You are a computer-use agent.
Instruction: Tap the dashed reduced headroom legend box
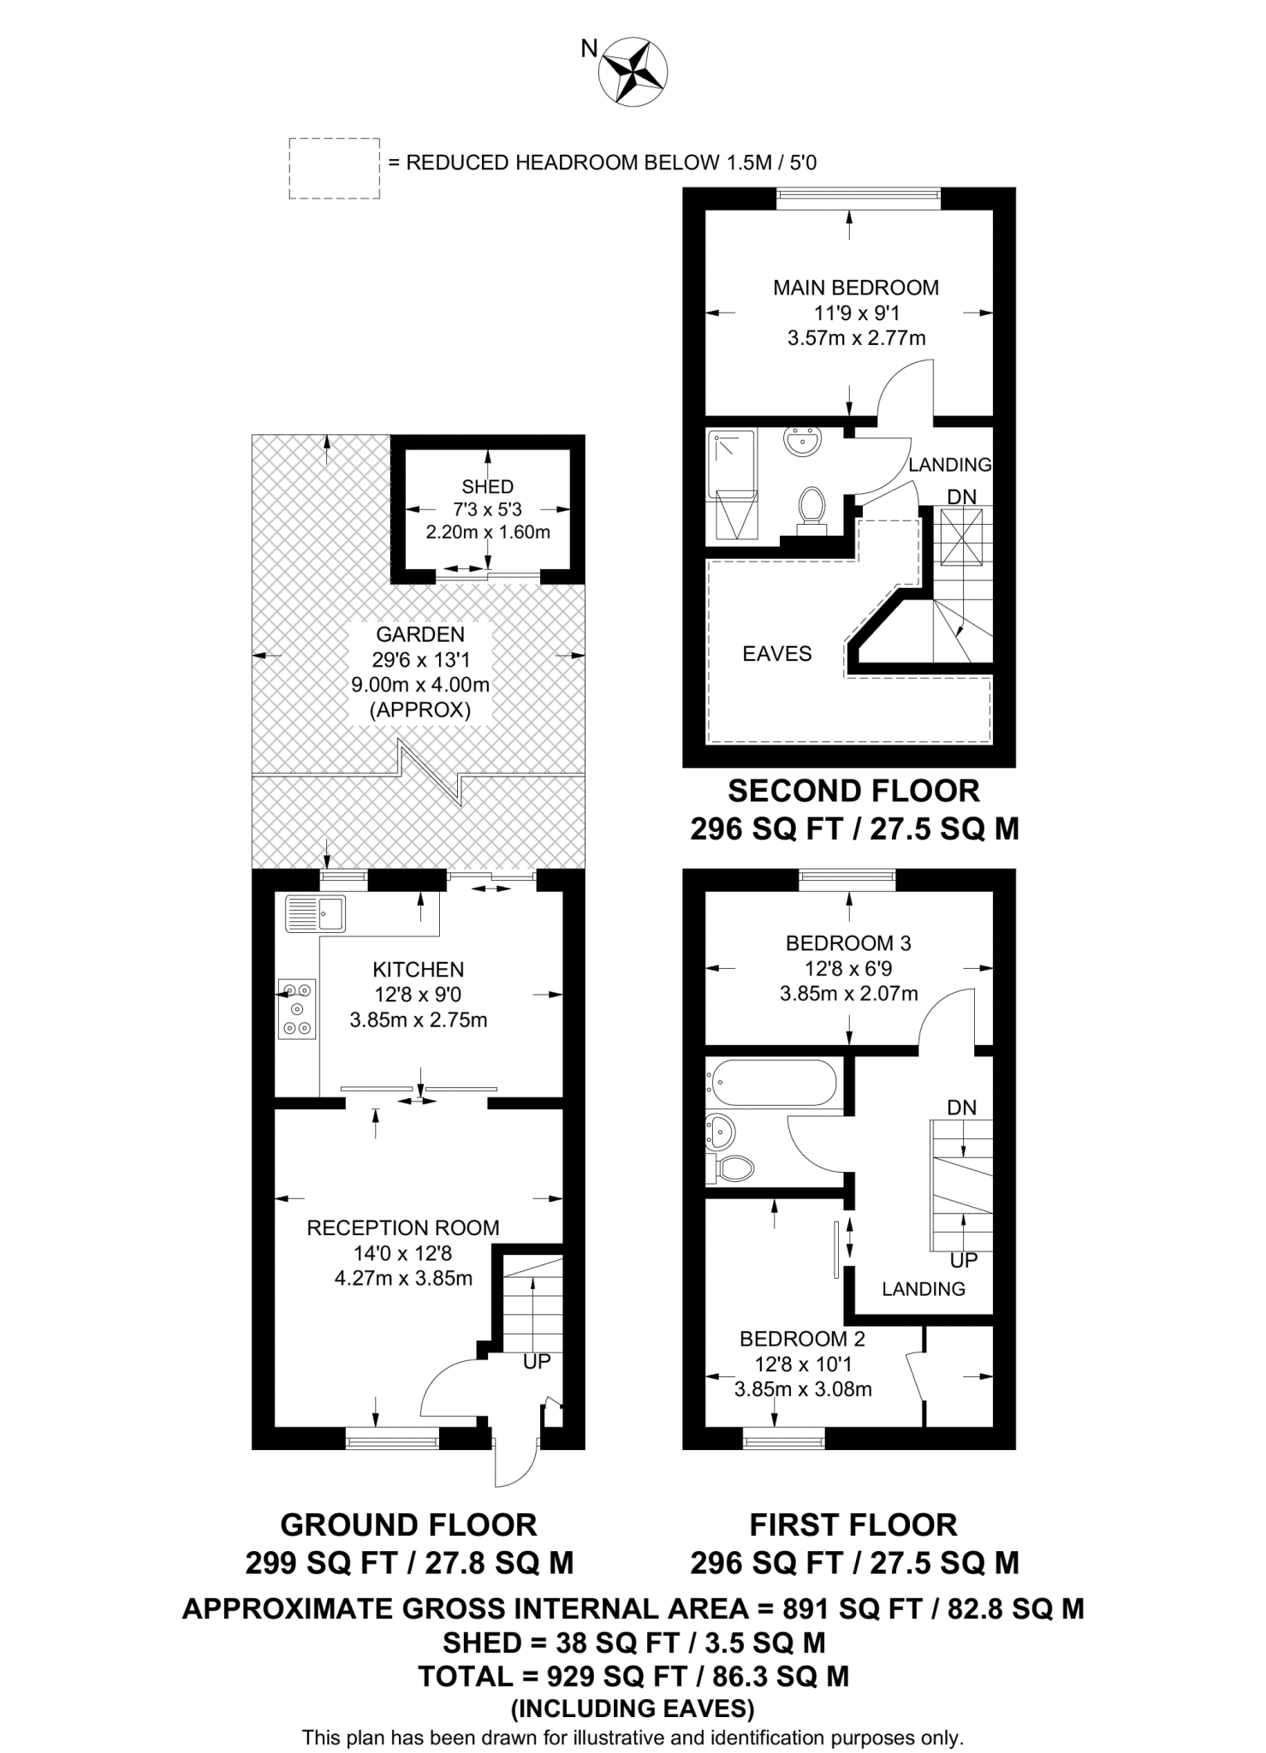tap(334, 169)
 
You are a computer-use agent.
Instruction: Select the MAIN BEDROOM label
tap(855, 288)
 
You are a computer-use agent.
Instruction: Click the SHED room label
tap(487, 487)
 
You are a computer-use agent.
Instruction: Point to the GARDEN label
tap(420, 634)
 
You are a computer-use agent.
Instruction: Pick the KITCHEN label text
tap(418, 970)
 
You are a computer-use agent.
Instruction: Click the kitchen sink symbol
tap(315, 913)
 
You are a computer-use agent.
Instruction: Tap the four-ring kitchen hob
tap(296, 1009)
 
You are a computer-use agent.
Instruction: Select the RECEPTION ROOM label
tap(403, 1227)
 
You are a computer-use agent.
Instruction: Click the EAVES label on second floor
tap(776, 654)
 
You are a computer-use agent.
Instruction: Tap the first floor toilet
tap(732, 1167)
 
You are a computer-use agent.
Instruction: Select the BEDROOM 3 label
tap(848, 943)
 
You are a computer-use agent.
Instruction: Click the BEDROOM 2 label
tap(802, 1338)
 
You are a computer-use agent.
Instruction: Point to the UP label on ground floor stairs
tap(537, 1361)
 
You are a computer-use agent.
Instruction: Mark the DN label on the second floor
tap(961, 496)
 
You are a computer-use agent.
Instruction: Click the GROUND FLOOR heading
tap(408, 1524)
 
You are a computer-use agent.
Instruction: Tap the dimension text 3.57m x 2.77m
tap(856, 338)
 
